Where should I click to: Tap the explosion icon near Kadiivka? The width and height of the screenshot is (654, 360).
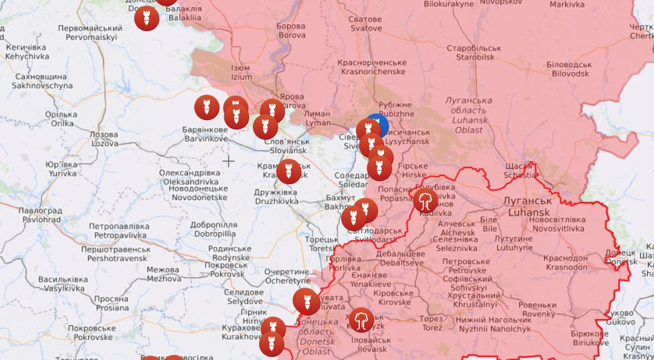425,201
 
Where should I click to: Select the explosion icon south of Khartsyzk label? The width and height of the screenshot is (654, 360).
361,320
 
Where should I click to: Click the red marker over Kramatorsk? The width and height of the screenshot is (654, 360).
289,171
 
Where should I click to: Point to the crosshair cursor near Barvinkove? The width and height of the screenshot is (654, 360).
229,161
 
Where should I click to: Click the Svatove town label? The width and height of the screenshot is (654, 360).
365,24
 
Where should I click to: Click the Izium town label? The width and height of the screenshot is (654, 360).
241,72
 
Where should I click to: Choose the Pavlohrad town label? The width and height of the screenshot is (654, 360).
39,215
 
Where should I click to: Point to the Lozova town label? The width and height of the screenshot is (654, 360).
104,139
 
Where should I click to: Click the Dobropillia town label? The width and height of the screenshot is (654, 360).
214,229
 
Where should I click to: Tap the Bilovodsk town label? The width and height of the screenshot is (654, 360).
568,69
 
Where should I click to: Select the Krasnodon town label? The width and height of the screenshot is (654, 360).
565,262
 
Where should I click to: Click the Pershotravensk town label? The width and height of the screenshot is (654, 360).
117,253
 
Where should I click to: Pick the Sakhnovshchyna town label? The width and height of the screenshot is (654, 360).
42,81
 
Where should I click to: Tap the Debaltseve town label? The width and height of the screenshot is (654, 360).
400,258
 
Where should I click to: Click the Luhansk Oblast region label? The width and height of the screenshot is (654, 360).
468,115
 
